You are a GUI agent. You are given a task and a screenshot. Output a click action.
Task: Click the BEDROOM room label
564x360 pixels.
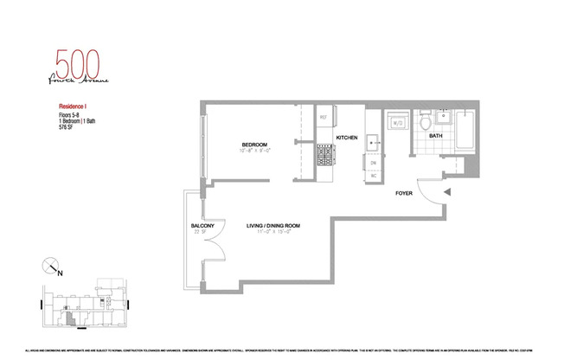click(253, 144)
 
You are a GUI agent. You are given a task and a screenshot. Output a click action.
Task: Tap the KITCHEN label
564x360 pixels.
click(347, 138)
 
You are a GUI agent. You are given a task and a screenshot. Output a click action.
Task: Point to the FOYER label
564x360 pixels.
click(403, 193)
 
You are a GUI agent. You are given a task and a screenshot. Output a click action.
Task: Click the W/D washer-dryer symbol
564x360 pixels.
click(398, 125)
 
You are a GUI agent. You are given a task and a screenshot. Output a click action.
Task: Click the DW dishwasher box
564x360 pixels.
click(374, 164)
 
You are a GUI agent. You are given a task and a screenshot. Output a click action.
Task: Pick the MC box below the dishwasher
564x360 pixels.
click(374, 176)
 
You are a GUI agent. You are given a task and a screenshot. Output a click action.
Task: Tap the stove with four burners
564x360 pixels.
click(324, 156)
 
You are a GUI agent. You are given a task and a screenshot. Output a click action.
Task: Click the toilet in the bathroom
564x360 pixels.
click(426, 123)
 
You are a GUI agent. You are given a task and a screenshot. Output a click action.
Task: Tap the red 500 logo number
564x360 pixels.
click(78, 64)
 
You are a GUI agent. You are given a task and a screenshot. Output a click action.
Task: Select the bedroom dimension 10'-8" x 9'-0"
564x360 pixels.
click(254, 151)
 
